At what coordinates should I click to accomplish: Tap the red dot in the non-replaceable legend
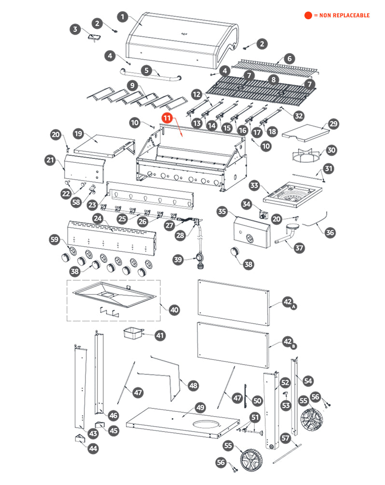click(308, 15)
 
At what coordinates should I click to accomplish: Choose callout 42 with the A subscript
click(288, 302)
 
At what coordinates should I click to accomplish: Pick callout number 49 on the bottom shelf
click(200, 407)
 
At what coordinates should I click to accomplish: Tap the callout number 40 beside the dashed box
click(174, 309)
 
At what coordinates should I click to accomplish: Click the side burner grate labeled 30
click(307, 157)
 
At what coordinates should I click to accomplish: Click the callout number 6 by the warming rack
click(289, 58)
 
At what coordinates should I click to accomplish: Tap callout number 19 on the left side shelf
click(79, 133)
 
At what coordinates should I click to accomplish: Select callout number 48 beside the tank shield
click(193, 385)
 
